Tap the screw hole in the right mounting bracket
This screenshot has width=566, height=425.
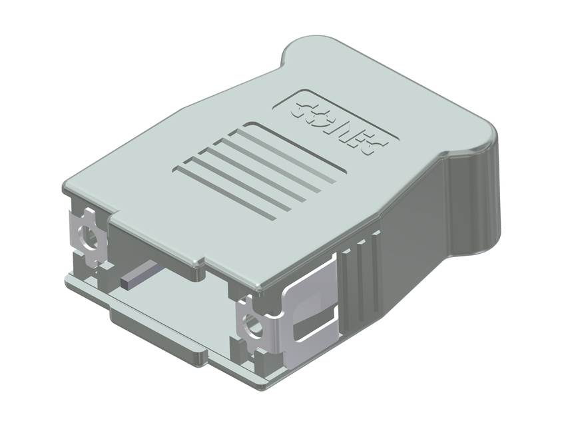point(252,326)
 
